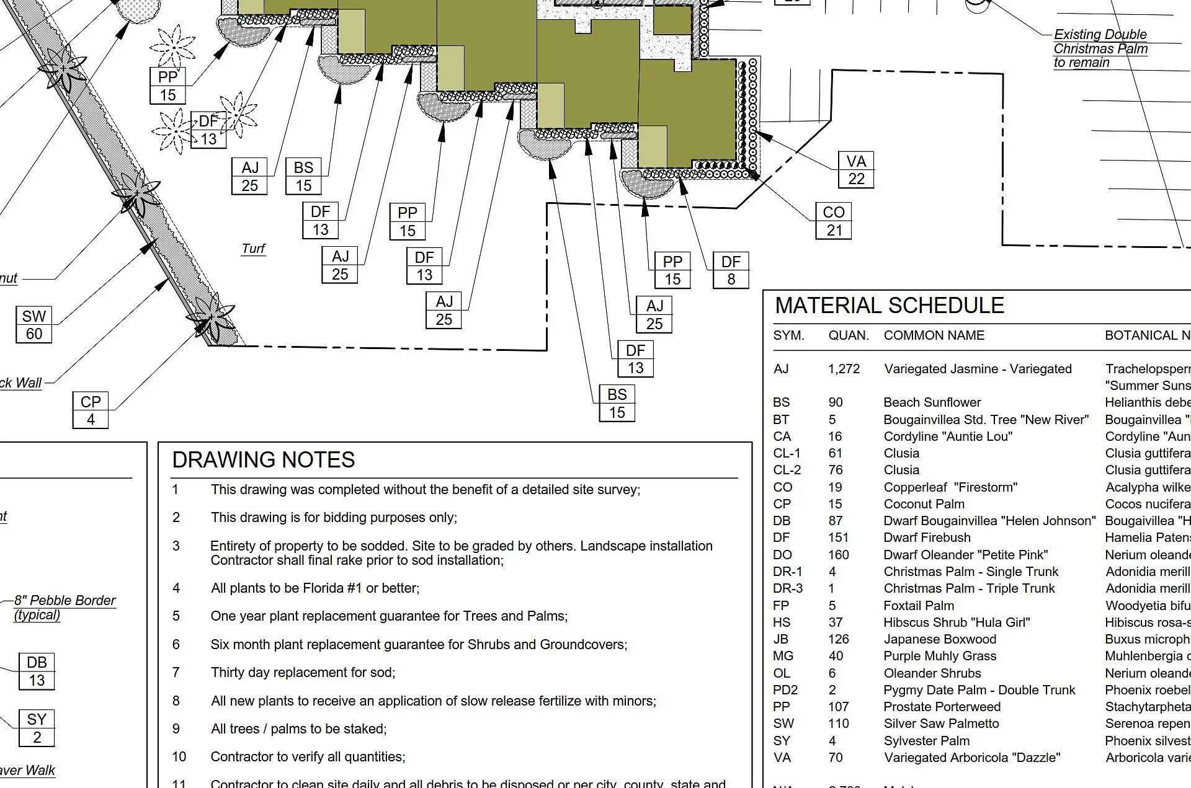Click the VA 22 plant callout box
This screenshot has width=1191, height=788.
point(856,170)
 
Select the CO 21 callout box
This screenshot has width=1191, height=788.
point(834,221)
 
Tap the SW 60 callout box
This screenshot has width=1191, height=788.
point(33,325)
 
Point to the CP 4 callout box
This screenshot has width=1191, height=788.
point(91,410)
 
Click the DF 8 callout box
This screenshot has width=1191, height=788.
point(731,270)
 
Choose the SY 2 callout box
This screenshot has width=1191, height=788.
point(37,728)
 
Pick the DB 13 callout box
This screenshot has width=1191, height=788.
point(37,671)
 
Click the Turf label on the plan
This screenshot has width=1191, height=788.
point(253,249)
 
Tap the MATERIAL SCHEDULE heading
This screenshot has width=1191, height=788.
point(890,306)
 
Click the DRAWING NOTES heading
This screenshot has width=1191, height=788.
point(264,460)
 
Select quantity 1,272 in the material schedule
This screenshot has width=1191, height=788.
point(844,369)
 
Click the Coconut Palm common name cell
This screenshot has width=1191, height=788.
point(924,504)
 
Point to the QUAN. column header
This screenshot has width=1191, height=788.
point(849,335)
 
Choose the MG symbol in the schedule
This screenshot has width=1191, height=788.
point(783,656)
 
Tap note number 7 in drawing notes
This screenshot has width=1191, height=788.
point(176,672)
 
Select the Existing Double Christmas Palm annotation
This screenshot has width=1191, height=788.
point(1100,48)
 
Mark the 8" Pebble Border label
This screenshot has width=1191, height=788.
point(65,601)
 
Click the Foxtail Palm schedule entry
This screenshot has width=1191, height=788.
point(919,606)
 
